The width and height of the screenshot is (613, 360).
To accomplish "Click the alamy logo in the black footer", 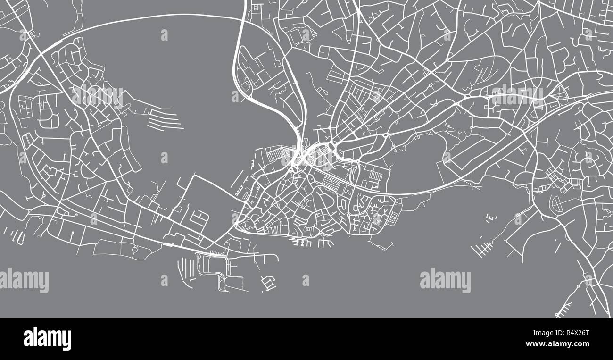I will (x=47, y=339).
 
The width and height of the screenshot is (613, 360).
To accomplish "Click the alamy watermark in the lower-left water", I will (x=24, y=280).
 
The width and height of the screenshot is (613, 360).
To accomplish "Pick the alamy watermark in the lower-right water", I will (x=445, y=280).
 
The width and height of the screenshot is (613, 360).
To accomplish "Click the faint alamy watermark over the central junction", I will (x=306, y=158).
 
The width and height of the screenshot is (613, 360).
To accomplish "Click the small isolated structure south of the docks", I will (x=268, y=284).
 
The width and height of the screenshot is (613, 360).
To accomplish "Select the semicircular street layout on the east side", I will (x=556, y=204).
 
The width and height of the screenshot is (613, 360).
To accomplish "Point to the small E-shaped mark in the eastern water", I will (x=491, y=217).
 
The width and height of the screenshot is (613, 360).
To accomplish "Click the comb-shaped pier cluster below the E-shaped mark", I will (x=481, y=247).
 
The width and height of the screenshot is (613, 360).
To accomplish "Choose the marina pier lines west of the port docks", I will (x=185, y=271).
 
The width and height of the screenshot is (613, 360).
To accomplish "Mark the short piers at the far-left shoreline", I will (x=20, y=237).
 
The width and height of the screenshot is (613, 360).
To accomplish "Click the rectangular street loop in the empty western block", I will (x=199, y=218).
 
